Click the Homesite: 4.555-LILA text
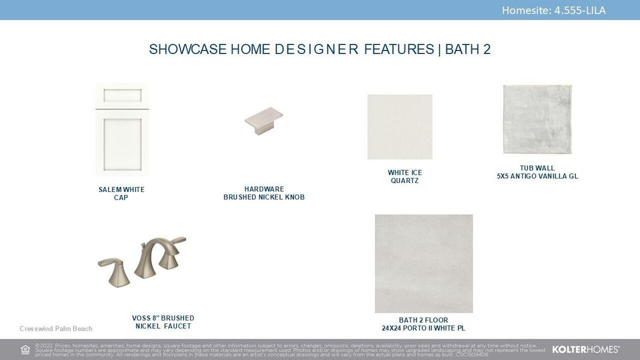coord(554,10)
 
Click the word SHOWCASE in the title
coord(188,49)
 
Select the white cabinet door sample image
coord(122,129)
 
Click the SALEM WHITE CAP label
coord(121,194)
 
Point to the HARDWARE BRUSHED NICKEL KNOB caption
coord(264,193)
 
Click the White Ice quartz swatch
coord(399,127)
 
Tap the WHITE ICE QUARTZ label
coord(404,176)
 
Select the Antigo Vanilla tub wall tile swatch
coord(537,119)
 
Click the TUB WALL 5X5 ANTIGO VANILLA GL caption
coord(537,172)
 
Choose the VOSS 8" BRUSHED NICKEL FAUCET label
coord(163,322)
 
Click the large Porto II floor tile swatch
coord(423,263)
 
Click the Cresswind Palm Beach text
coord(56,329)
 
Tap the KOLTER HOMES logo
coord(585,349)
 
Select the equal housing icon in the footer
coord(25,350)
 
